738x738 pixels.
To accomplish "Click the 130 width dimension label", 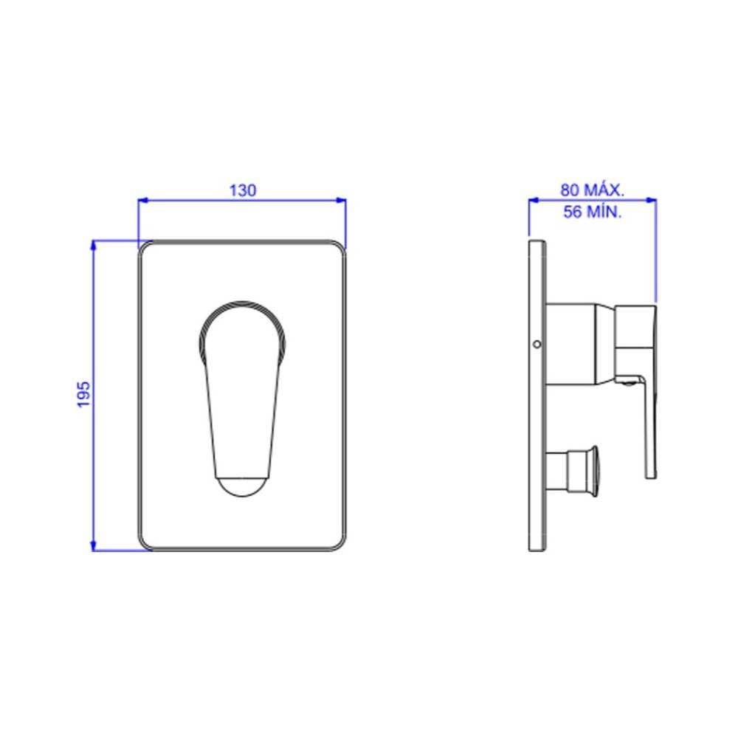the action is pyautogui.click(x=243, y=190).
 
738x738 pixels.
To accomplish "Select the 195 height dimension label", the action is pyautogui.click(x=83, y=394).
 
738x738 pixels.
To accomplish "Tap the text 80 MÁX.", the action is pyautogui.click(x=592, y=190).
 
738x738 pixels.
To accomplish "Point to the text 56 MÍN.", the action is pyautogui.click(x=592, y=212).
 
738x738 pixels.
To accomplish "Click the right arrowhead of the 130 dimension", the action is pyautogui.click(x=341, y=201).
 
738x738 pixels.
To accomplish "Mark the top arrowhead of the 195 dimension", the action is pyautogui.click(x=93, y=245).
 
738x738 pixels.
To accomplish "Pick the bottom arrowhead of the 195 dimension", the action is pyautogui.click(x=93, y=546).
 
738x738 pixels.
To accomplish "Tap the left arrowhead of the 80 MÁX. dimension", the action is pyautogui.click(x=534, y=201).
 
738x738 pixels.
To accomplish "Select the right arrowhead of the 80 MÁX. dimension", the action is pyautogui.click(x=652, y=201).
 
